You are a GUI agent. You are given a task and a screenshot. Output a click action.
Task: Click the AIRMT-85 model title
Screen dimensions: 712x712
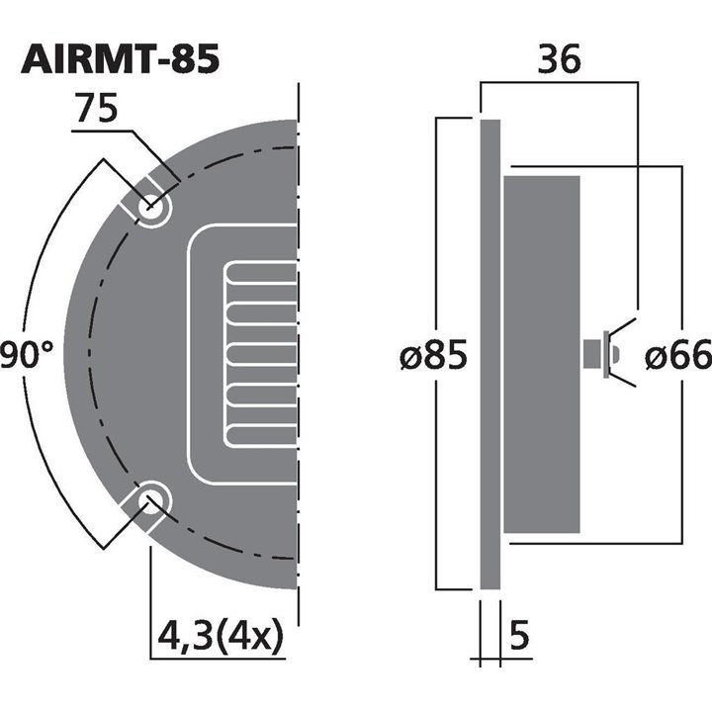(120, 59)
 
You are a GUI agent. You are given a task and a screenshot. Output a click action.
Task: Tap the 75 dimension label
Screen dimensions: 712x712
(96, 110)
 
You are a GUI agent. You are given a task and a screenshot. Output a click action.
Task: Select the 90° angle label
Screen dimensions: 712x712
(25, 354)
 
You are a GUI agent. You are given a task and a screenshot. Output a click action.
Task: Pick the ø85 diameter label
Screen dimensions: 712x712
(433, 354)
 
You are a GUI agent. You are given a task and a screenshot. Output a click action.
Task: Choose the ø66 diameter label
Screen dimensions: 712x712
(677, 354)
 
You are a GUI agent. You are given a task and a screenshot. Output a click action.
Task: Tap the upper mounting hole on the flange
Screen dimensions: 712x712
(151, 208)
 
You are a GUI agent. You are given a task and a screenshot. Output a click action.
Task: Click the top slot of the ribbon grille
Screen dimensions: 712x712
(263, 274)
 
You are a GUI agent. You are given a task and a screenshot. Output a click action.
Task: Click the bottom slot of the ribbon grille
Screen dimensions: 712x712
(263, 432)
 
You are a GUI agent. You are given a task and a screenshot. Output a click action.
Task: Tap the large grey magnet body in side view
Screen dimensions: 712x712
(542, 354)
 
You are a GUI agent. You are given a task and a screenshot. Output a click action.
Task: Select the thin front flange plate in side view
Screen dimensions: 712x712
(489, 354)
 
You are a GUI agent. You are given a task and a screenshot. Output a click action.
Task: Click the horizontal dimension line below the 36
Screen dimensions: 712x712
(559, 84)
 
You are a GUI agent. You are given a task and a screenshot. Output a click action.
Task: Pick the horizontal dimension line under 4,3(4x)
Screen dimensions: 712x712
(222, 657)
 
